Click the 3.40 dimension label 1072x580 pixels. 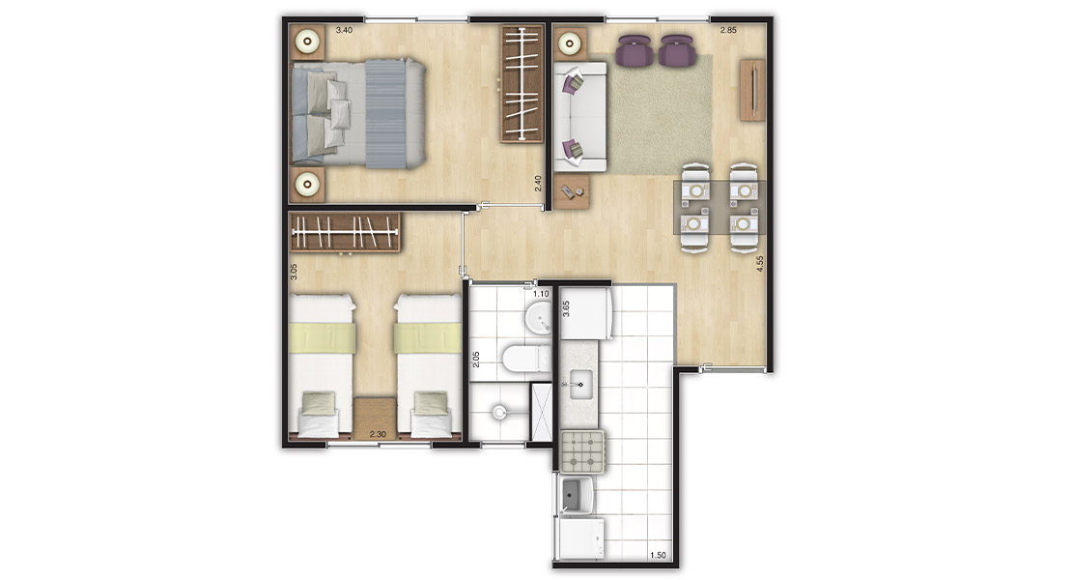344,30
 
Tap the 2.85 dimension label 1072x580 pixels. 728,30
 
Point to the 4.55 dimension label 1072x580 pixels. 759,264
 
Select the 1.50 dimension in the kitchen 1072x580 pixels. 658,556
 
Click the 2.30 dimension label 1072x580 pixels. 378,434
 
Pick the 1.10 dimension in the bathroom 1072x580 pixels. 541,294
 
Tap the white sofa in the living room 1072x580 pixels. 579,116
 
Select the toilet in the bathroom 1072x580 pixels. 526,359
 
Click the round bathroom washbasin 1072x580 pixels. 540,318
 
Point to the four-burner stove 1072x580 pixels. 583,452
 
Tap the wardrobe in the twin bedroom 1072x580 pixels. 345,232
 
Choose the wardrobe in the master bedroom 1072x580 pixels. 522,84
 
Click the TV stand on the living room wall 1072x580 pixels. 752,90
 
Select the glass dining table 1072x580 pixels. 719,208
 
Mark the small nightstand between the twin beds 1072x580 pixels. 375,418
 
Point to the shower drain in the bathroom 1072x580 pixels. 499,413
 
